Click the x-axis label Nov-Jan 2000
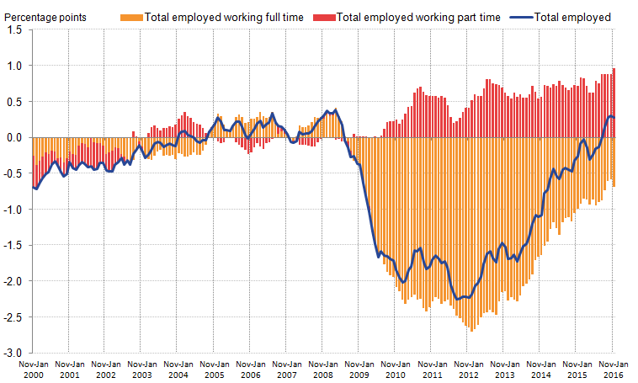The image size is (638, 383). tap(33, 369)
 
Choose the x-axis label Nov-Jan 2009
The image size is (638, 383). tap(359, 369)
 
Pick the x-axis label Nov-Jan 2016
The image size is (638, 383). tap(612, 369)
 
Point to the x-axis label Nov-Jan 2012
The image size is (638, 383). tap(468, 369)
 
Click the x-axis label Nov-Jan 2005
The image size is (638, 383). tap(214, 369)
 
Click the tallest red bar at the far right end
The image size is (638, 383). tap(614, 102)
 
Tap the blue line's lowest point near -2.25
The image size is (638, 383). tap(459, 299)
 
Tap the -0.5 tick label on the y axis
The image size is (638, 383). tap(13, 173)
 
